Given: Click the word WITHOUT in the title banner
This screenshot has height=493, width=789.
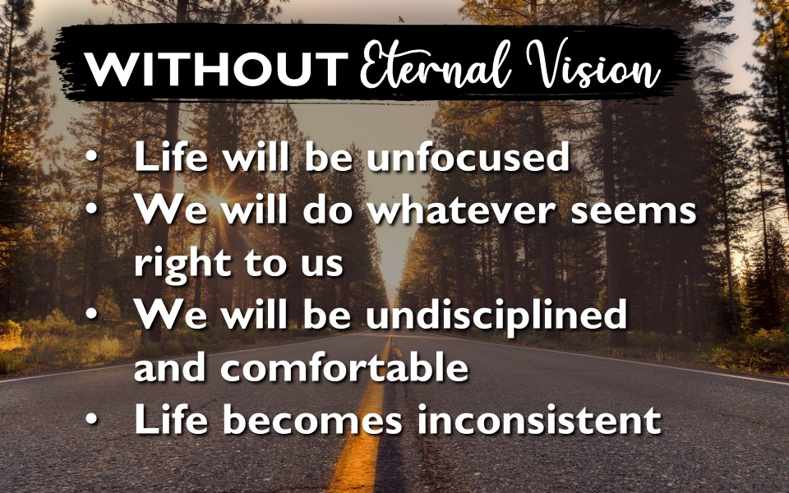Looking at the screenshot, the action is click(216, 69).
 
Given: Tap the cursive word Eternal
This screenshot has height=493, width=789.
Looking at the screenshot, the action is click(436, 64).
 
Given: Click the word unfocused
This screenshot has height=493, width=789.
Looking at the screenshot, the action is click(468, 156).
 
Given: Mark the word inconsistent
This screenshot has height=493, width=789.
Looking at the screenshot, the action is click(539, 420).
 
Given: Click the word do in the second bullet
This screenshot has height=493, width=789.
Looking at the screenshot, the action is click(327, 210).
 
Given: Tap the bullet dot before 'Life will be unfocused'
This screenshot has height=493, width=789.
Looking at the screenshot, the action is click(91, 156).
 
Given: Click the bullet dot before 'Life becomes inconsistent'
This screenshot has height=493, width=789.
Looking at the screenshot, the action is click(91, 419).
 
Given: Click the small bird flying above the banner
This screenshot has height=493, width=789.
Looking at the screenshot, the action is click(401, 19).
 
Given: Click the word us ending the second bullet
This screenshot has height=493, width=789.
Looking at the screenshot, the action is click(322, 266).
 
